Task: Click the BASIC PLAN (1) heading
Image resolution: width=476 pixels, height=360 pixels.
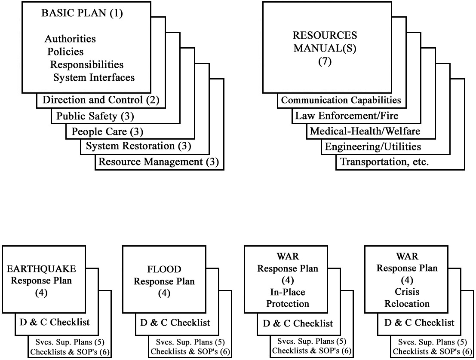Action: pos(82,13)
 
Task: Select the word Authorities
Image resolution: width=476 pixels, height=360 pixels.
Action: pos(70,39)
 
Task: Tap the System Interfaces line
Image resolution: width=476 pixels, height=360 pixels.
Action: pos(94,78)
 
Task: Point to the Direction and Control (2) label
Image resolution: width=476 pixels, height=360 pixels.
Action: pos(101,101)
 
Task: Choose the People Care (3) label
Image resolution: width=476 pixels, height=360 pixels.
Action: pos(107,131)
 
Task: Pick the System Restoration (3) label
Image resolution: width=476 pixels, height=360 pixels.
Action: pos(138,146)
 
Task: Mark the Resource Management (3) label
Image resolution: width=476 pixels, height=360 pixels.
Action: pos(159,162)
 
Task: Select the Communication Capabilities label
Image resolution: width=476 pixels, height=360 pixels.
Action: pos(341,101)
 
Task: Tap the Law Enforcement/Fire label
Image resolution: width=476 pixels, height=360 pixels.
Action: pos(347,116)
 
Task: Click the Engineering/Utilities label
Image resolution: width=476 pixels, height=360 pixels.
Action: pos(373,147)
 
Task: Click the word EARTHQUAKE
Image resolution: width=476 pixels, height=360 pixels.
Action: pos(42,269)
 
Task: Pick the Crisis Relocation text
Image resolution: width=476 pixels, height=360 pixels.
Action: pos(407,298)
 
